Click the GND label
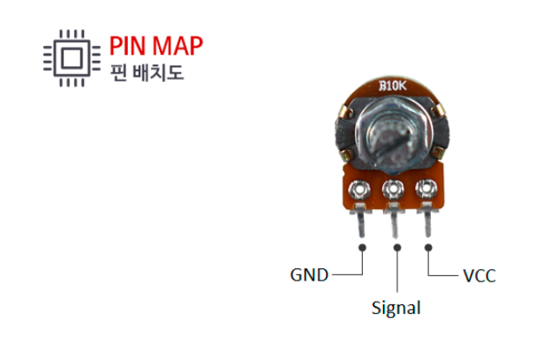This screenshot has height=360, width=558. (309, 275)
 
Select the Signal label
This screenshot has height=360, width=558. (396, 308)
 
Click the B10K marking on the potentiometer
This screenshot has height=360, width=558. (392, 86)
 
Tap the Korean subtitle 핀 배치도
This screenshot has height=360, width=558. (147, 71)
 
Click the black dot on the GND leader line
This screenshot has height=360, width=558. (363, 248)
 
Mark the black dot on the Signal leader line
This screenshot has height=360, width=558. (396, 248)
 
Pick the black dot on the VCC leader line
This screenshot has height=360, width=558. (430, 248)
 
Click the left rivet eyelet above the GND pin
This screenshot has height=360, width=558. (360, 189)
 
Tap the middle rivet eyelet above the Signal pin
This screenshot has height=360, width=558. (393, 189)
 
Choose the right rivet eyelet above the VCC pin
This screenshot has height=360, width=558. (426, 188)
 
